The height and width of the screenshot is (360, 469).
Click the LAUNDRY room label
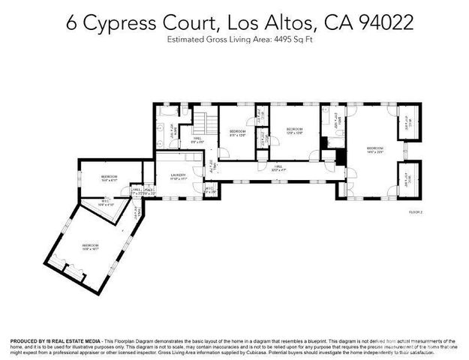click(x=178, y=175)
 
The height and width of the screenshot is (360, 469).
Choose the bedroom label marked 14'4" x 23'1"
click(x=374, y=150)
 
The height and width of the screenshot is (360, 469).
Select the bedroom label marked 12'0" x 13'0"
click(x=294, y=132)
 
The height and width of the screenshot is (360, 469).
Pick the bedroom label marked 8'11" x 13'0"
click(x=238, y=133)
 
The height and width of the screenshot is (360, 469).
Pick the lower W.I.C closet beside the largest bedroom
click(x=410, y=178)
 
